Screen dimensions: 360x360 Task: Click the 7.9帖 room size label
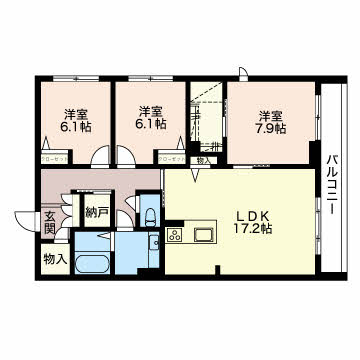pyautogui.click(x=270, y=129)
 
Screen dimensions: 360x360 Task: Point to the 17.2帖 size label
pyautogui.click(x=248, y=228)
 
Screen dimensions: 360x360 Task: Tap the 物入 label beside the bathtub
pyautogui.click(x=54, y=259)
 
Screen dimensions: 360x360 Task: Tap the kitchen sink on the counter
pyautogui.click(x=205, y=235)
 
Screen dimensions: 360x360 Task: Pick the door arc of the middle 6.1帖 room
pyautogui.click(x=128, y=155)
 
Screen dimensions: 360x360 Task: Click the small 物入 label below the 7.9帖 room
pyautogui.click(x=202, y=160)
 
